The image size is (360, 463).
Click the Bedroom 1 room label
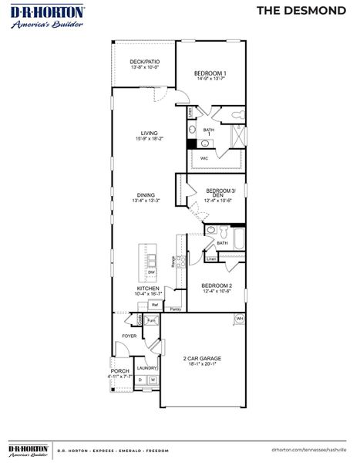pyautogui.click(x=210, y=73)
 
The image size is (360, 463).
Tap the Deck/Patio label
pyautogui.click(x=143, y=62)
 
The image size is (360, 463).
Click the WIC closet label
pyautogui.click(x=204, y=158)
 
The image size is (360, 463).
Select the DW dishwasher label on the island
pyautogui.click(x=151, y=272)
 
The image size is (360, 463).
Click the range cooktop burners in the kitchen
pyautogui.click(x=180, y=263)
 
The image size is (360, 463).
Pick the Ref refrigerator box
pyautogui.click(x=154, y=304)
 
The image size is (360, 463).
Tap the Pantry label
pyautogui.click(x=175, y=309)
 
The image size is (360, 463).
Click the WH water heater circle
pyautogui.click(x=239, y=318)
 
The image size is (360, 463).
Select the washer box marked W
pyautogui.click(x=153, y=380)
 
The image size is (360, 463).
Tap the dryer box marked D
pyautogui.click(x=140, y=380)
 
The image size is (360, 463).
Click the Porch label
pyautogui.click(x=120, y=370)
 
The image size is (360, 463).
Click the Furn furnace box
pyautogui.click(x=151, y=319)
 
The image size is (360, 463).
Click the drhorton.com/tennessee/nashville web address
pyautogui.click(x=309, y=448)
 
